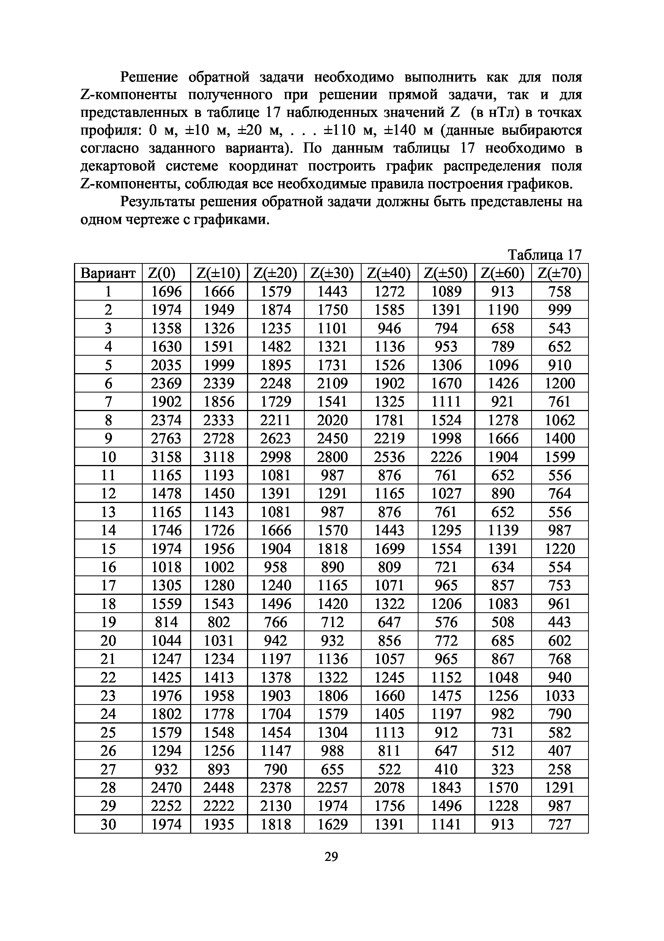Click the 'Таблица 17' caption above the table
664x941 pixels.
click(x=544, y=255)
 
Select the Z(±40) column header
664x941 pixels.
click(x=389, y=273)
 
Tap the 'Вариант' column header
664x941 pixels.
click(x=108, y=273)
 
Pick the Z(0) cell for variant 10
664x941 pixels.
click(x=166, y=457)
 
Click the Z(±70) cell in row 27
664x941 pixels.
click(x=560, y=769)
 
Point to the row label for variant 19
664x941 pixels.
click(x=108, y=622)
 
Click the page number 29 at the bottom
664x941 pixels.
click(x=331, y=857)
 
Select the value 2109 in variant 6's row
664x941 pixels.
click(x=333, y=383)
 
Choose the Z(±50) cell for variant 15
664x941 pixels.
click(x=446, y=549)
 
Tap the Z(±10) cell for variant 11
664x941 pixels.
click(x=219, y=475)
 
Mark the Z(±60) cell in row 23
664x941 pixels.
click(x=503, y=696)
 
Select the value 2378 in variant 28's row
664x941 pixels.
click(x=276, y=788)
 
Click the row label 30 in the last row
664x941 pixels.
click(x=108, y=824)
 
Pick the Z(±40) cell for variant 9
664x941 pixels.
click(x=389, y=438)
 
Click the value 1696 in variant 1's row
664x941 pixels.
click(x=166, y=292)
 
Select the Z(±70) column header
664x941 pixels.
click(x=560, y=273)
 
